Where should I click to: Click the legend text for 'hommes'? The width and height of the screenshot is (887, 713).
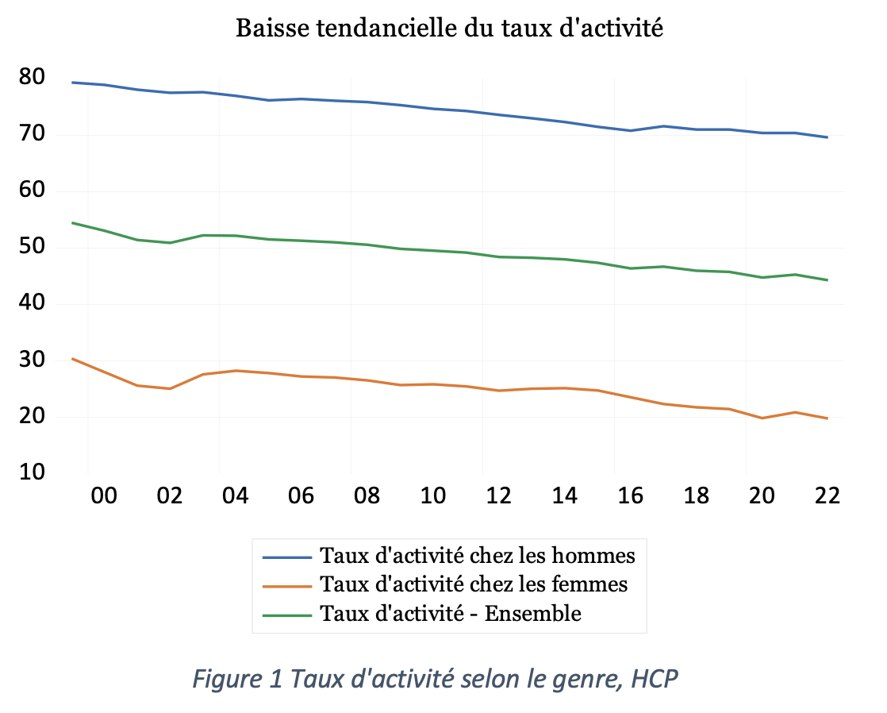(x=477, y=554)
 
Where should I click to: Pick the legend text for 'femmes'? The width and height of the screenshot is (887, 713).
(x=473, y=584)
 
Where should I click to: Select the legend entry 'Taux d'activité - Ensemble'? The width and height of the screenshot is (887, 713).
(x=450, y=614)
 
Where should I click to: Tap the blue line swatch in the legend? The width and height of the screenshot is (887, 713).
(x=286, y=555)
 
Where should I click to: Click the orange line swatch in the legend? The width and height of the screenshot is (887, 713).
(x=286, y=585)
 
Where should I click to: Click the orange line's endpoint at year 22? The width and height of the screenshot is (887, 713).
(x=827, y=418)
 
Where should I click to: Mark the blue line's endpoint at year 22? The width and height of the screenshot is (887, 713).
(x=827, y=137)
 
